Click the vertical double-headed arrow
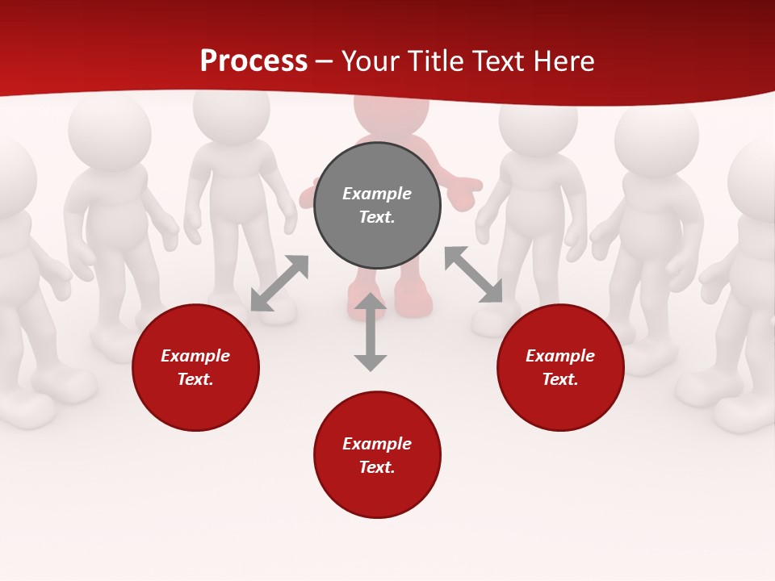371,332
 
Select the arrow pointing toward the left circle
279,283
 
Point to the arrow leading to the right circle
474,275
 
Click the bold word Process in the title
253,61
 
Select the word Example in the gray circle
377,194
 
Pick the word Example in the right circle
560,356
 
